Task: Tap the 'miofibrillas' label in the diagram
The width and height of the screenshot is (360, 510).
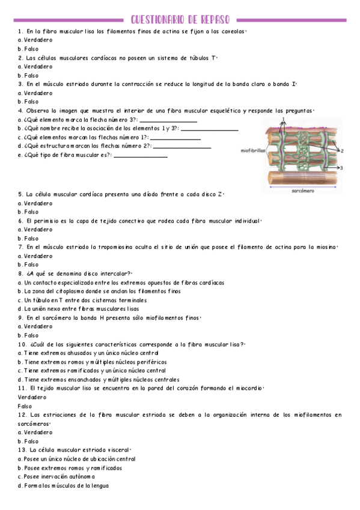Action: (252, 151)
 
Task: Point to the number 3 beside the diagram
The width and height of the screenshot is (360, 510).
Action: (341, 169)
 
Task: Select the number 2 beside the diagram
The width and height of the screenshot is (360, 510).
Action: (342, 152)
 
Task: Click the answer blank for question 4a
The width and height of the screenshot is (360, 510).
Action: (168, 121)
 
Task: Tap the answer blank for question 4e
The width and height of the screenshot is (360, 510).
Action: (140, 156)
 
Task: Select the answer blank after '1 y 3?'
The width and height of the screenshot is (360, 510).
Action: (209, 130)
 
